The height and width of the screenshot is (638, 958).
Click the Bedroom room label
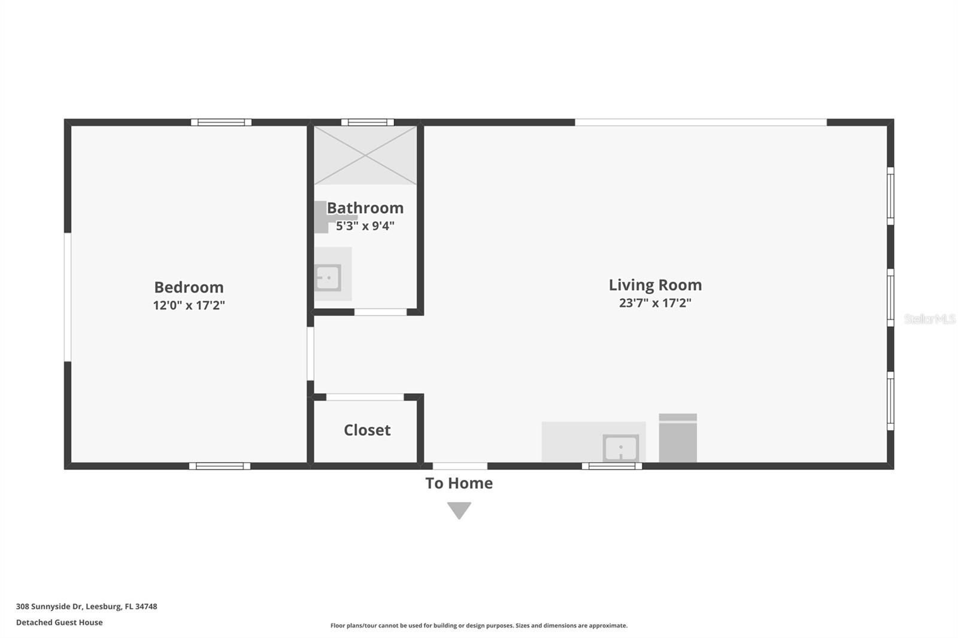click(189, 287)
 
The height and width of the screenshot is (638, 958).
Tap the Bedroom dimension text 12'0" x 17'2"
click(189, 305)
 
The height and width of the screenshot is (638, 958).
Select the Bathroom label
click(365, 208)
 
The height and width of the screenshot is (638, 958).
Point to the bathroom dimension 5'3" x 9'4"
click(365, 226)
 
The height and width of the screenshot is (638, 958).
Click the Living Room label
click(655, 285)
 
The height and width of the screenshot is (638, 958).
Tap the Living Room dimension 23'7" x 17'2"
click(655, 303)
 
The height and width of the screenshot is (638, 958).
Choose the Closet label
click(367, 430)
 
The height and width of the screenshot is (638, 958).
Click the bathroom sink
click(328, 278)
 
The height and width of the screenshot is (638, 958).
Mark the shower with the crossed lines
click(365, 155)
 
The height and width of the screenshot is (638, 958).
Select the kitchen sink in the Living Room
click(620, 448)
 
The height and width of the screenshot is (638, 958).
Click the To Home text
click(459, 483)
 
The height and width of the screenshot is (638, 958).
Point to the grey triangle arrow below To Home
click(459, 510)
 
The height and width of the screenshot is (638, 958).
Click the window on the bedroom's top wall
click(221, 122)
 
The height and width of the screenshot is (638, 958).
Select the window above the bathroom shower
click(368, 122)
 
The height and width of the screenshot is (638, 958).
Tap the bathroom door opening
click(380, 312)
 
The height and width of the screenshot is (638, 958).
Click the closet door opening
click(365, 397)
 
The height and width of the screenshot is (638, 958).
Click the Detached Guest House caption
click(59, 622)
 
